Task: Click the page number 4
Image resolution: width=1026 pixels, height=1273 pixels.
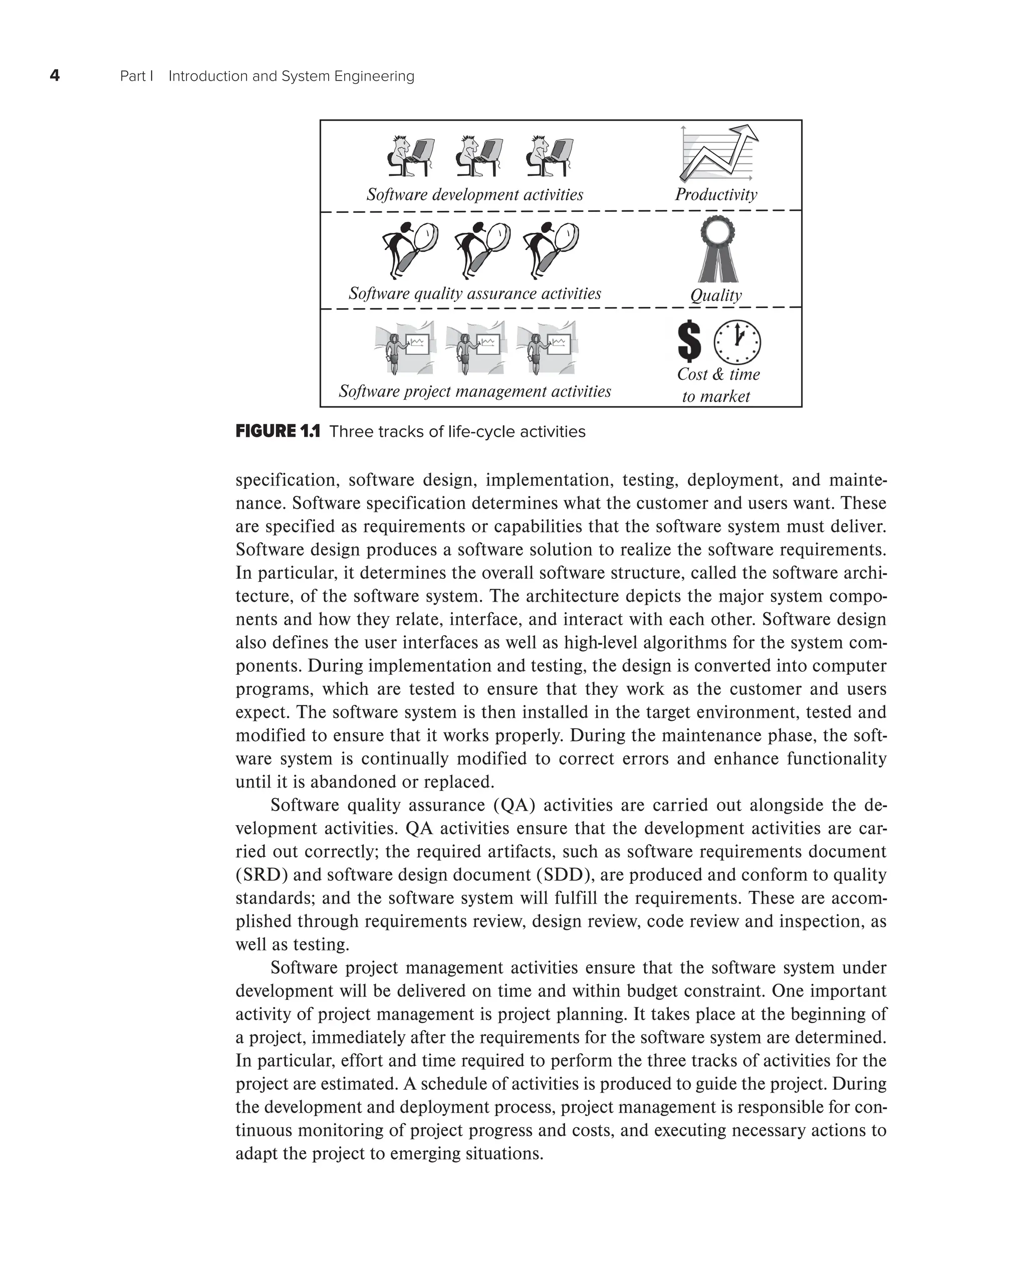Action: pyautogui.click(x=55, y=76)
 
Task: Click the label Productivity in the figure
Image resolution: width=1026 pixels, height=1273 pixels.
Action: pyautogui.click(x=716, y=194)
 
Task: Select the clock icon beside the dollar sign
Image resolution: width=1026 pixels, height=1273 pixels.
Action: pyautogui.click(x=737, y=342)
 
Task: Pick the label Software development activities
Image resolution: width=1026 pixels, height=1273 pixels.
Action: pyautogui.click(x=474, y=194)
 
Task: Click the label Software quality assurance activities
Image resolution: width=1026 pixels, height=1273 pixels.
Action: pyautogui.click(x=474, y=293)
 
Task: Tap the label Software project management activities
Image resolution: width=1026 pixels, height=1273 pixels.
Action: pyautogui.click(x=474, y=391)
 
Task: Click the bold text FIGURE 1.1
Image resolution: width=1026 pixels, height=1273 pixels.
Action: pyautogui.click(x=277, y=431)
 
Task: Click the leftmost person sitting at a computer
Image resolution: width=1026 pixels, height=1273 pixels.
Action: pyautogui.click(x=411, y=157)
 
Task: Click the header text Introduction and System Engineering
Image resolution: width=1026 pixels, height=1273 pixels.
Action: pyautogui.click(x=292, y=76)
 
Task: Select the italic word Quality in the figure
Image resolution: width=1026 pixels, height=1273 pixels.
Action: pyautogui.click(x=716, y=295)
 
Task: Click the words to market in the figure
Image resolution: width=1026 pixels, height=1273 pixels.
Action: pyautogui.click(x=716, y=397)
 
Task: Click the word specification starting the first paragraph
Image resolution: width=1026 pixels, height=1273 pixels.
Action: pyautogui.click(x=287, y=480)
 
